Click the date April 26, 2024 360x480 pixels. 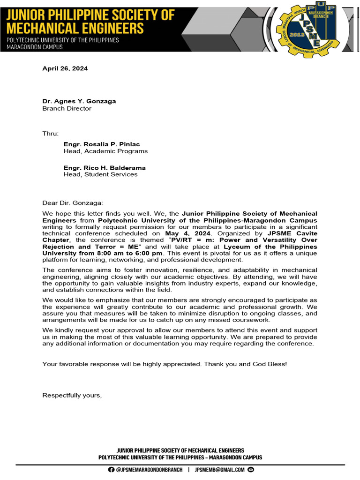65,68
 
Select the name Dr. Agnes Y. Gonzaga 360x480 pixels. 79,101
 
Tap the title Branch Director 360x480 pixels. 67,108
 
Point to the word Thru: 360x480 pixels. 50,134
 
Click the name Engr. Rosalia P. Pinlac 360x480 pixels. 101,144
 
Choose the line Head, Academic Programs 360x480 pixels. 105,151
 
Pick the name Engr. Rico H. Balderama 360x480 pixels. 105,167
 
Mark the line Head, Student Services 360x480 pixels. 100,174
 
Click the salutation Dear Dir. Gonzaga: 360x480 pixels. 72,202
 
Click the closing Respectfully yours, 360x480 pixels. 72,395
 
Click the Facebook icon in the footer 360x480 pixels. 111,470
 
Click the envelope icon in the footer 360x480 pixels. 250,470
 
